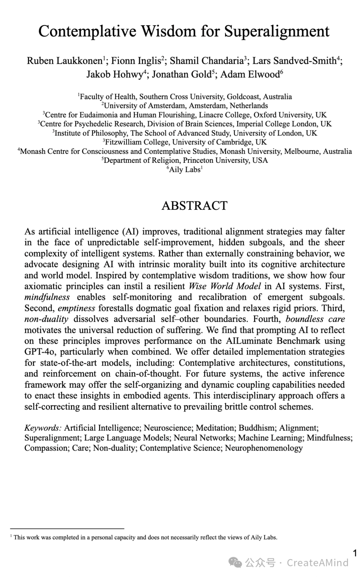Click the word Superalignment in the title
[x=277, y=32]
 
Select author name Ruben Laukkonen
[x=65, y=61]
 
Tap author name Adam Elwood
[x=250, y=74]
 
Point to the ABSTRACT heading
[x=194, y=205]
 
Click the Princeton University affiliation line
[x=185, y=160]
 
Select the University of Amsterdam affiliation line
[x=185, y=106]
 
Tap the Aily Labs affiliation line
[x=185, y=170]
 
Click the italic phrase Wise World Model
[x=225, y=286]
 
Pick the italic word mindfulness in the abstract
[x=47, y=297]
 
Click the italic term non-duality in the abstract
[x=46, y=319]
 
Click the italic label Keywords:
[x=43, y=428]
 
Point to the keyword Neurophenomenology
[x=264, y=448]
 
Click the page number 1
[x=355, y=553]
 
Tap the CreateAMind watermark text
[x=317, y=563]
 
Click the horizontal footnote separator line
[x=67, y=528]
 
